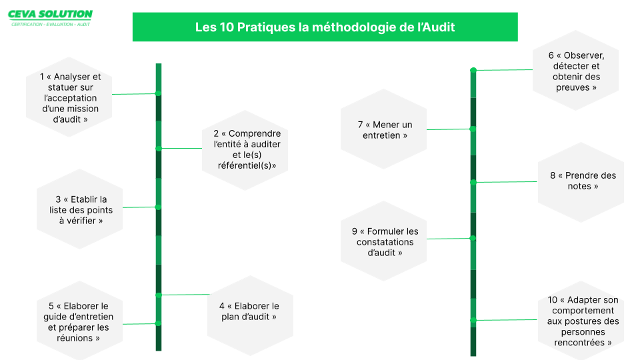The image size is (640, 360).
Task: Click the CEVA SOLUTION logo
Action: click(x=50, y=18)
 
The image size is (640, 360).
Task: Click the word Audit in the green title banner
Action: click(x=438, y=27)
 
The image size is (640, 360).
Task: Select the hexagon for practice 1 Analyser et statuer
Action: click(x=69, y=97)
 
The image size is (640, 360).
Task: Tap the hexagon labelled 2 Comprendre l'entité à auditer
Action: click(x=245, y=150)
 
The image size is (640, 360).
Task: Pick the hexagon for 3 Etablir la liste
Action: click(x=79, y=209)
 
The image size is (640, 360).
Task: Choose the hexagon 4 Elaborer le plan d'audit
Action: click(x=250, y=315)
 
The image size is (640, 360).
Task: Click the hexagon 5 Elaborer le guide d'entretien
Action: click(x=79, y=321)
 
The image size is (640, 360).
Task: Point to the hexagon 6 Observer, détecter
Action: click(x=575, y=70)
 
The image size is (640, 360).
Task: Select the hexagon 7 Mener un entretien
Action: click(x=384, y=129)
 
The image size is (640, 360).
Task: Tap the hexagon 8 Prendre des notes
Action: click(x=581, y=182)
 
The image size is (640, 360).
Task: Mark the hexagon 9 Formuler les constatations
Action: click(x=384, y=241)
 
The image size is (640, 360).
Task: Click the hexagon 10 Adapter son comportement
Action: click(x=581, y=321)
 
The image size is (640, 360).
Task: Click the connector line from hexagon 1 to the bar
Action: click(x=135, y=94)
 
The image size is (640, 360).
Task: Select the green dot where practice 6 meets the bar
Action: click(x=473, y=70)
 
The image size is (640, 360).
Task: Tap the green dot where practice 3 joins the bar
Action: click(x=159, y=207)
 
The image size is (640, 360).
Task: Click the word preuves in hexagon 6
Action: click(x=573, y=88)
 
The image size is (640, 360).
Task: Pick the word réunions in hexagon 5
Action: click(x=75, y=338)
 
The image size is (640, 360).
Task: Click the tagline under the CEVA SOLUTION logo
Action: click(x=51, y=25)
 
